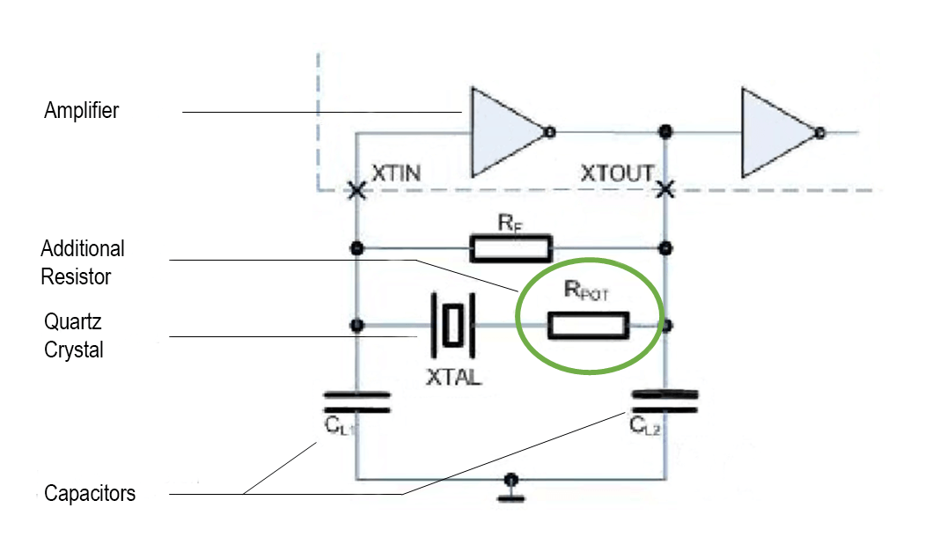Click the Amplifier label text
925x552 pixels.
[81, 111]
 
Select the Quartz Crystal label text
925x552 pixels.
[73, 335]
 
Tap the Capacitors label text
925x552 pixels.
[90, 493]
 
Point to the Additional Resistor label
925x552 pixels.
[82, 262]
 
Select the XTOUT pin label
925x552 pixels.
[615, 174]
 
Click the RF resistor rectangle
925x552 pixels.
[511, 249]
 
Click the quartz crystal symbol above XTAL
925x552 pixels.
[452, 325]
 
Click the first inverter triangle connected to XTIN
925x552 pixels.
[503, 132]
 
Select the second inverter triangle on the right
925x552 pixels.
[774, 132]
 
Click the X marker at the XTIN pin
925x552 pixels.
[356, 190]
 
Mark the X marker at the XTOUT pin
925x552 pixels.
[665, 188]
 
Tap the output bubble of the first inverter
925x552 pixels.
[550, 133]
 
